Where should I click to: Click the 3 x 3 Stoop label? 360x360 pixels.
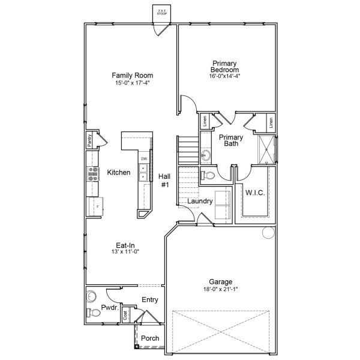(161, 12)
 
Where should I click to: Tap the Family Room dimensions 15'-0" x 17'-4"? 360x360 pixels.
(132, 83)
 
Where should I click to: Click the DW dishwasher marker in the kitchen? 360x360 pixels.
(144, 158)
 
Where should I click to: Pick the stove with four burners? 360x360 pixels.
(94, 173)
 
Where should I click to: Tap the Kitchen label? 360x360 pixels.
(118, 173)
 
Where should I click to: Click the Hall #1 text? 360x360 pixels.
(165, 181)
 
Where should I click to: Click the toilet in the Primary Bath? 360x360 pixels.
(208, 175)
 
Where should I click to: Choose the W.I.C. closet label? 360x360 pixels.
(255, 193)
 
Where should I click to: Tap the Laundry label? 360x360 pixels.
(199, 201)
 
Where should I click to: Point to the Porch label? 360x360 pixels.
(150, 338)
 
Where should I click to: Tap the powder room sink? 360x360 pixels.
(91, 296)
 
